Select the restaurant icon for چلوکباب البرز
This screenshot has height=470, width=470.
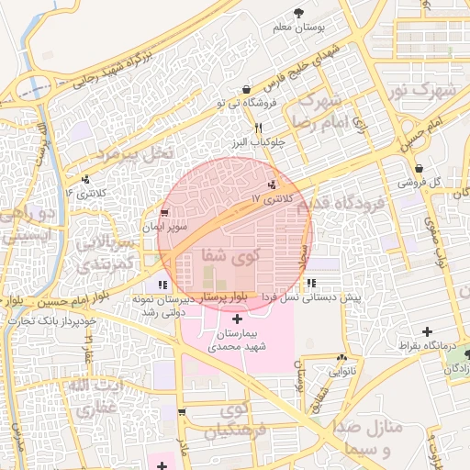pos(258,128)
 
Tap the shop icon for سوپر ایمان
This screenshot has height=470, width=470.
pos(164,212)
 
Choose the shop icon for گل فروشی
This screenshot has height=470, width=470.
pos(420,168)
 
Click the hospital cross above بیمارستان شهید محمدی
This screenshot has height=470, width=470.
pos(238,319)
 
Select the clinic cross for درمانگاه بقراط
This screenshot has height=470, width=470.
pos(427,330)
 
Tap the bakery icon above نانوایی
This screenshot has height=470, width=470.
pos(341,357)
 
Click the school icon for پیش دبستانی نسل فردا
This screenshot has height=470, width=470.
pos(311,284)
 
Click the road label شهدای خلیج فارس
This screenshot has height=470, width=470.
pos(296,67)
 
